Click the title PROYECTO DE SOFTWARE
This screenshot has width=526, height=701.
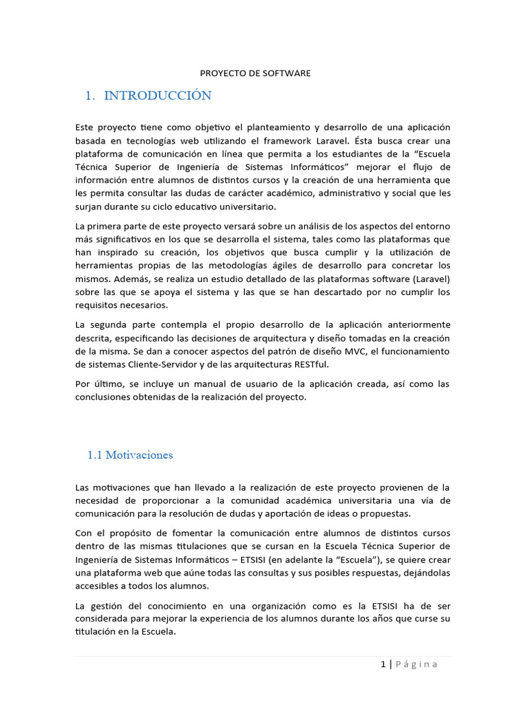[x=255, y=73]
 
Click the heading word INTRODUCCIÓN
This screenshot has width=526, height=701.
[x=158, y=96]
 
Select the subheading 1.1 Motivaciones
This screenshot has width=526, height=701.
[x=130, y=455]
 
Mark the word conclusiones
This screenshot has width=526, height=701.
[x=105, y=397]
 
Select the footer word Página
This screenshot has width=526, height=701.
[x=415, y=664]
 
